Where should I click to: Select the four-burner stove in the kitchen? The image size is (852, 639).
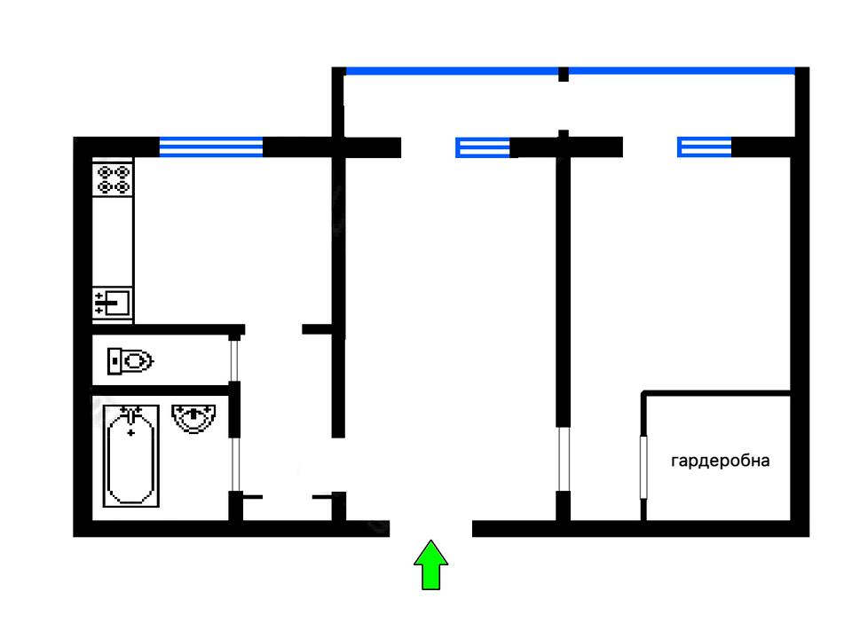click(x=113, y=180)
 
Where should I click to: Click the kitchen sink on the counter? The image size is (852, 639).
click(x=113, y=303)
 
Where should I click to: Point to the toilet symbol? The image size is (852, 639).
click(x=130, y=361)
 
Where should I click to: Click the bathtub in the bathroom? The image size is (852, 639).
click(x=131, y=454)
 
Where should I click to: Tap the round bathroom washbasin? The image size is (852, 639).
click(x=194, y=417)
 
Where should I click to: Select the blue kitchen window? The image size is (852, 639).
click(x=211, y=146)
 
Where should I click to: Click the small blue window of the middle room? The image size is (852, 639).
click(x=484, y=147)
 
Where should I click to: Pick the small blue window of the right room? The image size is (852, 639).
click(x=705, y=147)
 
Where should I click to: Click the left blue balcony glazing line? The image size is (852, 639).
click(x=451, y=70)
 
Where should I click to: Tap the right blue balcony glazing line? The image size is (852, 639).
click(x=681, y=70)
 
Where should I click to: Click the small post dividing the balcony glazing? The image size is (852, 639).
click(x=563, y=74)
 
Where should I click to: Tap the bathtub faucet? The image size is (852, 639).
click(x=131, y=414)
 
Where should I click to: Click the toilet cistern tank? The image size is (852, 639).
click(x=114, y=361)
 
